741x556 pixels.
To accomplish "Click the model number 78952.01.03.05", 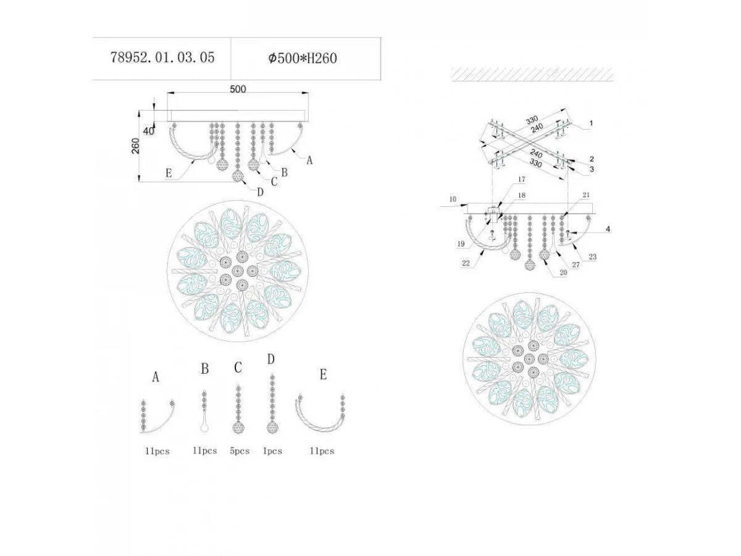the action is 162,57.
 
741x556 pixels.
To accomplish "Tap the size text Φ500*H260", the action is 303,58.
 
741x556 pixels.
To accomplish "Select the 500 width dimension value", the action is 238,89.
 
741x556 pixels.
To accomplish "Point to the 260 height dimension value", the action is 135,146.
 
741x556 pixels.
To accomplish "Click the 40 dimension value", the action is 149,131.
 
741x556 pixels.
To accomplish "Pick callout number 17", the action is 522,179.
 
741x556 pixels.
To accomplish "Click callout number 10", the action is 453,199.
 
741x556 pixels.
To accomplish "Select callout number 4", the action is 608,229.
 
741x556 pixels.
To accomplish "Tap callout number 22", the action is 466,263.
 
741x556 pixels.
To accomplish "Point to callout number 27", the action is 576,264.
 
